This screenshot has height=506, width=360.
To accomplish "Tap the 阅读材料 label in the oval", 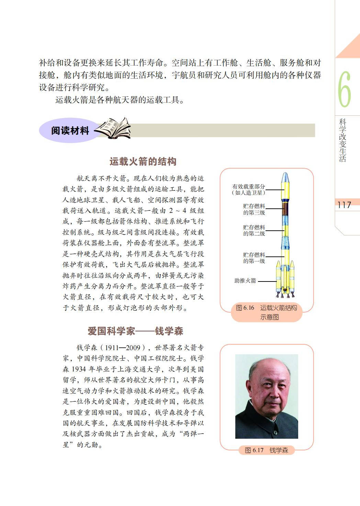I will pos(70,130).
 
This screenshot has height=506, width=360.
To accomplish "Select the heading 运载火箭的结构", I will pos(143,161).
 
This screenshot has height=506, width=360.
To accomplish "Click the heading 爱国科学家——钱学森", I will pos(135,331).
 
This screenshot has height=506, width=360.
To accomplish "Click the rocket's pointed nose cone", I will pos(284,177).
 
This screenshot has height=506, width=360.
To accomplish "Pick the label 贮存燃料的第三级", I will pos(254,209).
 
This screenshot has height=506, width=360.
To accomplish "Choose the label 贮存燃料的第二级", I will pos(254,230).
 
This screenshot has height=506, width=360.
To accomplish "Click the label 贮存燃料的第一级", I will pos(254,258).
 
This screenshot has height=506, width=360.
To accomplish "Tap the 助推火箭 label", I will pos(245,281).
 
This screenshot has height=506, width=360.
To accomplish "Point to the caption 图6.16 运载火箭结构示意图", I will pos(266,312).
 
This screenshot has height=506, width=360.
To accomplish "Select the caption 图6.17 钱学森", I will pos(266,450).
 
